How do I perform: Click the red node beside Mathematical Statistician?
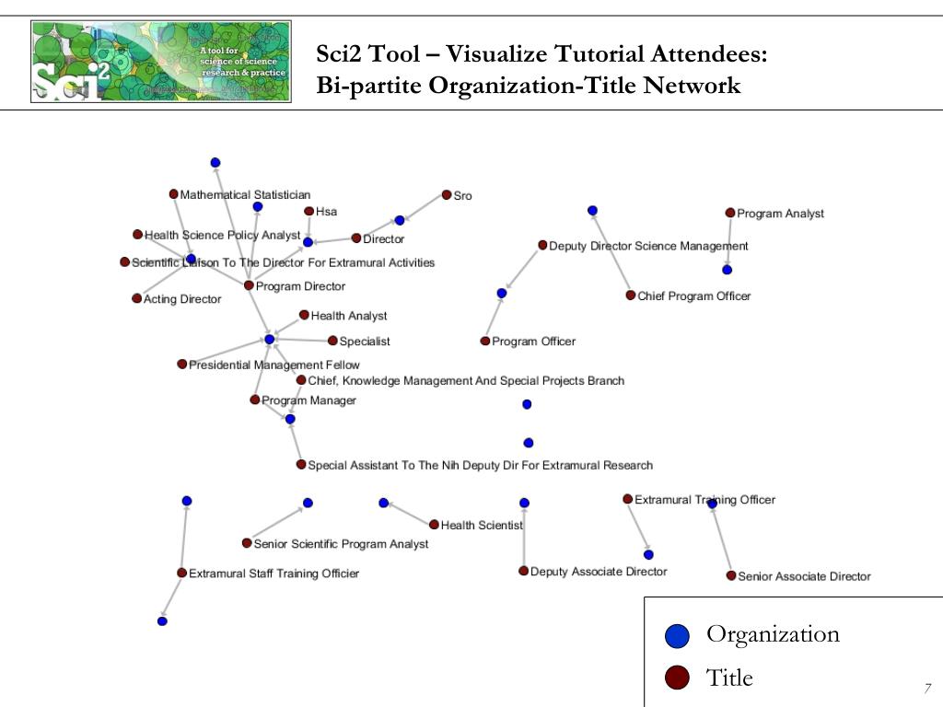click(173, 194)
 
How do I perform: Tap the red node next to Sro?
click(447, 194)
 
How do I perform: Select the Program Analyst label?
click(780, 214)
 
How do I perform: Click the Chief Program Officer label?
click(693, 296)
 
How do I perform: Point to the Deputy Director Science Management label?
click(648, 246)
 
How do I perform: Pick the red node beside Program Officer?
click(485, 342)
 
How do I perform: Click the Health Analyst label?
click(348, 316)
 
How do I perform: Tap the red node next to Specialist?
click(332, 341)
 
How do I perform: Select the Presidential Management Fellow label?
click(274, 365)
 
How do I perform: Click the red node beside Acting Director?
click(136, 298)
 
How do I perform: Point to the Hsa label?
click(326, 212)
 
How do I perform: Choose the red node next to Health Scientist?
click(434, 525)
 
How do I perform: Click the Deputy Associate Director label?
click(599, 572)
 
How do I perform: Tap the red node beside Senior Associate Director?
click(731, 576)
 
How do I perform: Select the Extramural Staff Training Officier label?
click(274, 574)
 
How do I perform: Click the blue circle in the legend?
click(677, 635)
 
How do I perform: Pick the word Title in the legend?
click(729, 678)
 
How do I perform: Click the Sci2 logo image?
click(161, 61)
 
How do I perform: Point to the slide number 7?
click(927, 689)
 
